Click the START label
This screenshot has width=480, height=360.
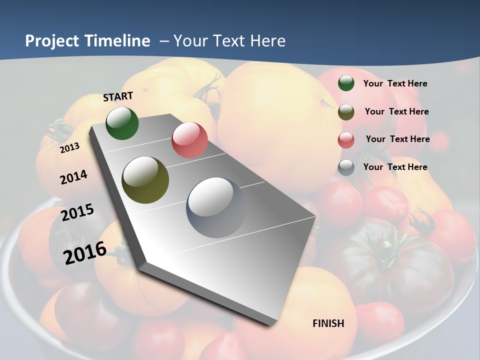click(x=118, y=96)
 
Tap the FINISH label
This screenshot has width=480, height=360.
click(x=328, y=323)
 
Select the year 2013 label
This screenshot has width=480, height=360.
click(x=69, y=148)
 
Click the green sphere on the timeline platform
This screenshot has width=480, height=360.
click(x=122, y=123)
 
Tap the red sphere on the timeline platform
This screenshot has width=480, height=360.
click(x=189, y=140)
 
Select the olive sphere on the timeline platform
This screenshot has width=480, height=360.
click(x=145, y=180)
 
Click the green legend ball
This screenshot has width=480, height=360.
click(x=346, y=83)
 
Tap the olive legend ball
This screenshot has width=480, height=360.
click(x=346, y=112)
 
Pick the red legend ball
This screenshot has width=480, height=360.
click(x=346, y=140)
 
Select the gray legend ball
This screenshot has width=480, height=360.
click(x=346, y=167)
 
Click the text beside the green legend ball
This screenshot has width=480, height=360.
click(x=395, y=83)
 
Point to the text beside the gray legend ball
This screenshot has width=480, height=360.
click(x=395, y=167)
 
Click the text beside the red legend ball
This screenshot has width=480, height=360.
click(x=397, y=139)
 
